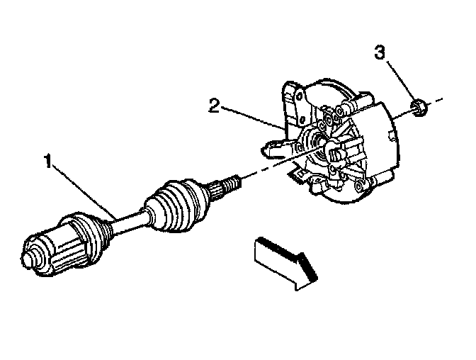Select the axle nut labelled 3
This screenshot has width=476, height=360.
[418, 108]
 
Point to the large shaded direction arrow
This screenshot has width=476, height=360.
[283, 260]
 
